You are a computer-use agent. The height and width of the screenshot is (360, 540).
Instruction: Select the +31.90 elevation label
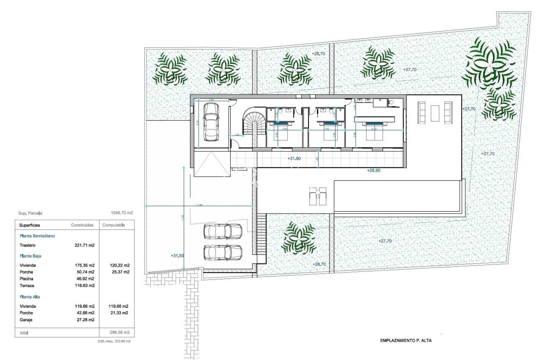pyautogui.click(x=294, y=159)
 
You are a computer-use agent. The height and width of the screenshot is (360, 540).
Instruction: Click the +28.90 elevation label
pyautogui.click(x=373, y=170)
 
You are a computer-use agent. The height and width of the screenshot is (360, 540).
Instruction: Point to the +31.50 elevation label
pyautogui.click(x=177, y=256)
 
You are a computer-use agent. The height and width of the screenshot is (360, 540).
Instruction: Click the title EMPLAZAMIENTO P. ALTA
pyautogui.click(x=406, y=341)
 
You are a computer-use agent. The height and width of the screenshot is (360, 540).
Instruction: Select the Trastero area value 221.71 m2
pyautogui.click(x=85, y=245)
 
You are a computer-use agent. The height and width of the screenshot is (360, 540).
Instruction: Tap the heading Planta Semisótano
pyautogui.click(x=37, y=236)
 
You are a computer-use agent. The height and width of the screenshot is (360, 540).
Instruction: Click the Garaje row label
pyautogui.click(x=26, y=320)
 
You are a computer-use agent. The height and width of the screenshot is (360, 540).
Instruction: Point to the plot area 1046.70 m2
pyautogui.click(x=122, y=213)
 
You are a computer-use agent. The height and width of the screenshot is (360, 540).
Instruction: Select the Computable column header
pyautogui.click(x=114, y=225)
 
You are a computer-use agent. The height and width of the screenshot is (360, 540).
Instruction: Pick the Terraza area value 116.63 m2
pyautogui.click(x=85, y=286)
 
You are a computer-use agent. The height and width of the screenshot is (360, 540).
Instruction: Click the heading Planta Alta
pyautogui.click(x=30, y=297)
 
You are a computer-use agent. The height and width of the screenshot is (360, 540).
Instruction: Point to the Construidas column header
pyautogui.click(x=82, y=225)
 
